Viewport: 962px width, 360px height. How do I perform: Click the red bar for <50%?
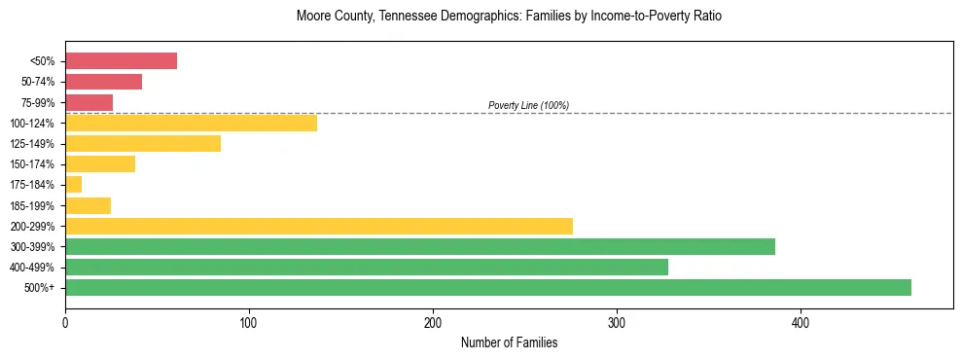tap(121, 61)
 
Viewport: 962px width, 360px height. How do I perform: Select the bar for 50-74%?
tap(103, 82)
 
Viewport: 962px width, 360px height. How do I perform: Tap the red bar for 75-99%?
tap(89, 102)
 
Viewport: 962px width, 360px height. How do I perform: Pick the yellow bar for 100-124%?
tap(191, 123)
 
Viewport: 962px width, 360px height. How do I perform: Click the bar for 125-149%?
tap(143, 144)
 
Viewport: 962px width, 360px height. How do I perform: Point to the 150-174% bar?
tap(100, 164)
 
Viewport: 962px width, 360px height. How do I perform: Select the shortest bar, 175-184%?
tap(73, 185)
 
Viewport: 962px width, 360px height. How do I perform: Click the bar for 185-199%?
tap(88, 205)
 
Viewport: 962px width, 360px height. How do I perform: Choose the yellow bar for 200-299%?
tap(319, 226)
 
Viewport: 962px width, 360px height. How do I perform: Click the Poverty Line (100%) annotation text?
tap(528, 105)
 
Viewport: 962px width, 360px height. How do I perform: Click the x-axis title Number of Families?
tap(509, 342)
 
